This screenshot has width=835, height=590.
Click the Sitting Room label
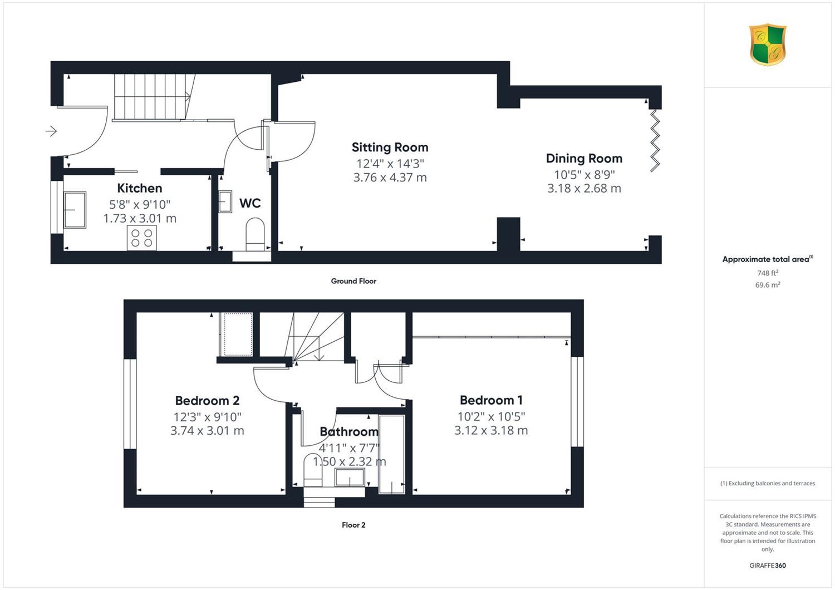(390, 147)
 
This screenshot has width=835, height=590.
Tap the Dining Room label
(584, 159)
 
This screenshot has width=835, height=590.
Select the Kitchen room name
(139, 188)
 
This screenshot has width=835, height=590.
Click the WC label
(250, 203)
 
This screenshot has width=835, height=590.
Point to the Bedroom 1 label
(491, 400)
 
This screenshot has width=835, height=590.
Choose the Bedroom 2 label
(207, 401)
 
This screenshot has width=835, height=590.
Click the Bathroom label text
(349, 431)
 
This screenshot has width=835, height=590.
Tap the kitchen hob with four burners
(142, 238)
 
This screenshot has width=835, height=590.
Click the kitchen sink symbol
(75, 210)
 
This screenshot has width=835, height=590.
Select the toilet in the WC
(256, 234)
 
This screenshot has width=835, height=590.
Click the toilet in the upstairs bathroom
(313, 470)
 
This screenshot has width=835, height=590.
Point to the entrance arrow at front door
(51, 131)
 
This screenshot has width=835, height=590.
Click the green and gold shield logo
(768, 45)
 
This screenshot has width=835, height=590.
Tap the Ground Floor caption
(353, 281)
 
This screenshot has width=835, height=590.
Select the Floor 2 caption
(353, 525)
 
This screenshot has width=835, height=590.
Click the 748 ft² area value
(768, 273)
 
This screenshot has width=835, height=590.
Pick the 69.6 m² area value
(768, 285)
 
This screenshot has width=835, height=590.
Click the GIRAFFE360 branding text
(768, 566)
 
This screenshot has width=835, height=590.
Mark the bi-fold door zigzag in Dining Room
(655, 140)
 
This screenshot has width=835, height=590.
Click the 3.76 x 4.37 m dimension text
(390, 178)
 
